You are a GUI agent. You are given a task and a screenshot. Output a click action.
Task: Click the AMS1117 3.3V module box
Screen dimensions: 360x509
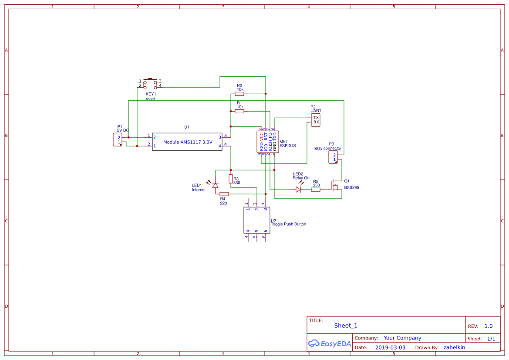[187, 142]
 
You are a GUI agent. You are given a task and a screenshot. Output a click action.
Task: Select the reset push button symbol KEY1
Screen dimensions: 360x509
[150, 83]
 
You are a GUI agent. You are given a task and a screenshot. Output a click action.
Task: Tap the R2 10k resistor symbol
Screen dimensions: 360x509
[239, 94]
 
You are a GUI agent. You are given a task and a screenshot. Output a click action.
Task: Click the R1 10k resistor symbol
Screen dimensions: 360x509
[239, 111]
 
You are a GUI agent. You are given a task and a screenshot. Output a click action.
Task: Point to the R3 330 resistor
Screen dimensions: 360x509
[231, 179]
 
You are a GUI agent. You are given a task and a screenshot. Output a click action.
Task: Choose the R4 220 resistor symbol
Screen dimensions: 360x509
[224, 194]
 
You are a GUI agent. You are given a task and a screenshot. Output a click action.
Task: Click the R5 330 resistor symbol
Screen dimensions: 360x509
[316, 189]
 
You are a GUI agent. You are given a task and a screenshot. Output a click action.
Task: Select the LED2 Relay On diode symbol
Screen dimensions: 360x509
[299, 189]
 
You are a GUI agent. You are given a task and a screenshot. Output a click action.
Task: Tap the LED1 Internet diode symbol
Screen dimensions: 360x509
[215, 185]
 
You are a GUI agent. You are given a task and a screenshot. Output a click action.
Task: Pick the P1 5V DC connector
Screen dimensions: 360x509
[118, 140]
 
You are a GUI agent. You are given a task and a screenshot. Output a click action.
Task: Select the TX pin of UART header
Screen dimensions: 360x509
[316, 118]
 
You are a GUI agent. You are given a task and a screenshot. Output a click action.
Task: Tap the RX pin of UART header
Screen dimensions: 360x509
[316, 122]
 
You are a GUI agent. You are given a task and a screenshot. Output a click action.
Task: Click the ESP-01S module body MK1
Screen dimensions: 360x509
[268, 142]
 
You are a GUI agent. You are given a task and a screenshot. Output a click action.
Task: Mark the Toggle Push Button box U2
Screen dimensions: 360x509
[257, 220]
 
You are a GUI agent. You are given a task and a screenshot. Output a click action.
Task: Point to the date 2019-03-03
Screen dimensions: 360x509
[390, 347]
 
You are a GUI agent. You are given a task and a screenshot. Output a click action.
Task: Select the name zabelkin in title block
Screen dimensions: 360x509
[454, 347]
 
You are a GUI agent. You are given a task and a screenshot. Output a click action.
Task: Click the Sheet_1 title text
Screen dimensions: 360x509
[346, 326]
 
